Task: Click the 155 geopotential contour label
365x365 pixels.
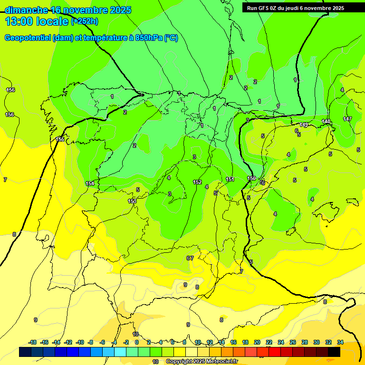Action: tap(60, 139)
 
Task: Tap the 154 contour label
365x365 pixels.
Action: tap(90, 183)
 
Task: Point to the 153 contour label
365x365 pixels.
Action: tap(132, 201)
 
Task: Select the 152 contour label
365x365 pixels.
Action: tap(197, 182)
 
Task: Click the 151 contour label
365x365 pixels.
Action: tap(230, 179)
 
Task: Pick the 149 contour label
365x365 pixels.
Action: tap(304, 125)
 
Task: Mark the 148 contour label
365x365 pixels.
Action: tap(326, 122)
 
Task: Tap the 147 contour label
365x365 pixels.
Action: tap(347, 119)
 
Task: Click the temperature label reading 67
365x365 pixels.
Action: tap(190, 258)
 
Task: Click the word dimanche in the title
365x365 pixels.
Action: tap(26, 10)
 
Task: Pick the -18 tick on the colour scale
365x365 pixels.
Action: tap(33, 342)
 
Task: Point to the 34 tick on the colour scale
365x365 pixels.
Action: tap(340, 342)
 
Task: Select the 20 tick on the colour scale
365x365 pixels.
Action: tap(257, 342)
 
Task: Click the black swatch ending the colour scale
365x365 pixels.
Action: tap(334, 352)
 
